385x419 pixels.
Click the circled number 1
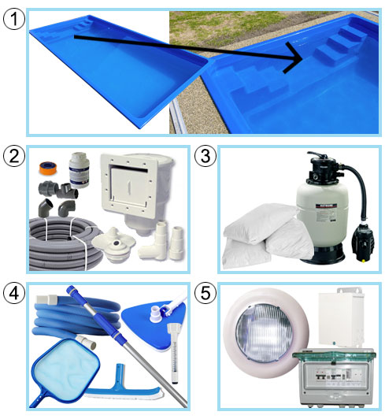(x=14, y=19)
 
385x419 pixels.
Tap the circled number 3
(x=205, y=156)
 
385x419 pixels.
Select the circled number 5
(x=205, y=293)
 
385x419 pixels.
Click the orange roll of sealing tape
(x=48, y=169)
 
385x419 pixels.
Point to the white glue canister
(x=79, y=170)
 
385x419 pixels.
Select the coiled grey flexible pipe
(x=65, y=243)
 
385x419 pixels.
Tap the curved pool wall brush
(x=123, y=387)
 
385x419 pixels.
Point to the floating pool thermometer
(x=174, y=354)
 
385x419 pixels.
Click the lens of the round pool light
(x=264, y=332)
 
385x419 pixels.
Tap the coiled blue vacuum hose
(x=76, y=317)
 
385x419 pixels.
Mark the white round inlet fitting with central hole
(x=114, y=244)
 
